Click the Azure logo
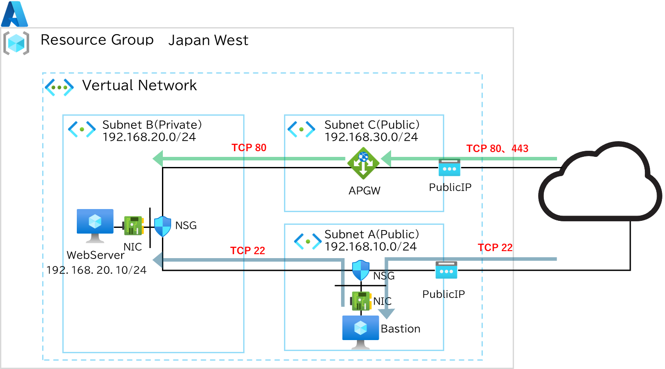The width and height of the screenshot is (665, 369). (14, 14)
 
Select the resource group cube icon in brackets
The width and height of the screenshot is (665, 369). (16, 43)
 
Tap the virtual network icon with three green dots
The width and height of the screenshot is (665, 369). (59, 87)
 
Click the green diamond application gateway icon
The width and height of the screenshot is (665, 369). (363, 163)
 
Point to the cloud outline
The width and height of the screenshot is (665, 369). (600, 181)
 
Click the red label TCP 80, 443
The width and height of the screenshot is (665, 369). (497, 149)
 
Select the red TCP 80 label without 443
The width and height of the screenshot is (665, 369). (249, 148)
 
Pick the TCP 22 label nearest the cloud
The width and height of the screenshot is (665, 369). (495, 248)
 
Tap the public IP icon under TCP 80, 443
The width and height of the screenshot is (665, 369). (449, 168)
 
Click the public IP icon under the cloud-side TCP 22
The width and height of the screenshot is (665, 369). (446, 270)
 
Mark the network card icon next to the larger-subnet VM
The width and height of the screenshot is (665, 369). (133, 226)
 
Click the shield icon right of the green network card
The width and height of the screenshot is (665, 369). (162, 226)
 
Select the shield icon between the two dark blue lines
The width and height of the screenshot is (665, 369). (361, 270)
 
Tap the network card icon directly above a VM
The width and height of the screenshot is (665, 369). (361, 301)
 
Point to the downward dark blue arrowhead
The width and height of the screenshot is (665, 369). (386, 313)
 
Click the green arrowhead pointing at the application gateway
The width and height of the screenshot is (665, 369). (386, 159)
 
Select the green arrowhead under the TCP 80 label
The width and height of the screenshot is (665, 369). (158, 159)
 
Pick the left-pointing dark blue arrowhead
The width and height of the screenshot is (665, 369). (158, 260)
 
